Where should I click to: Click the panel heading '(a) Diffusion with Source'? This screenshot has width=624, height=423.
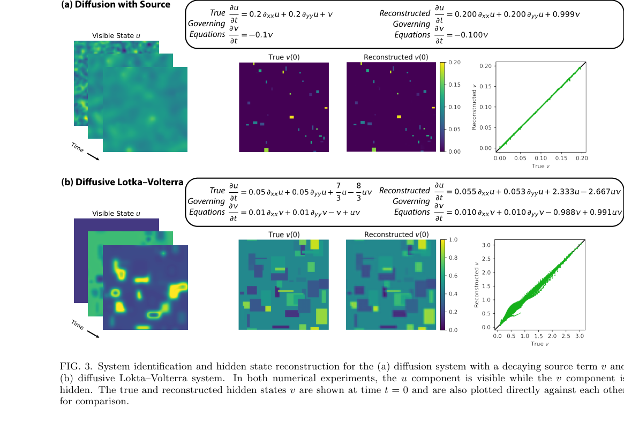(116, 5)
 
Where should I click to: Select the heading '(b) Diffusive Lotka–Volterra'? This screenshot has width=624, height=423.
(122, 182)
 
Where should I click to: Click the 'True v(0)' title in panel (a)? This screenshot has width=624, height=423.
(284, 57)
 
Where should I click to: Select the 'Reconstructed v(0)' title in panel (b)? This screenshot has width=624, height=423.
(396, 235)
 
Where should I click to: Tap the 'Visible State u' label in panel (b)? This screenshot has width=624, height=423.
(116, 214)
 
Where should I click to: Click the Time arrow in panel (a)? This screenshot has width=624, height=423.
(93, 156)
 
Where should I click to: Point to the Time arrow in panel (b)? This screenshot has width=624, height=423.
(93, 334)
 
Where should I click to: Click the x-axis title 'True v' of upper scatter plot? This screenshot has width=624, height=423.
(540, 166)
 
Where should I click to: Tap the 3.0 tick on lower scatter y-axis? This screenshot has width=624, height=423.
(488, 245)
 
